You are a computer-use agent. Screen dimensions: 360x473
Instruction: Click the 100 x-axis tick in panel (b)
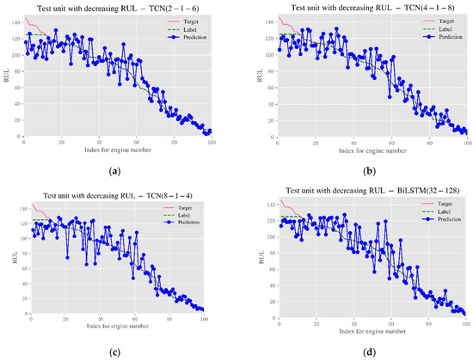[464, 143]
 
